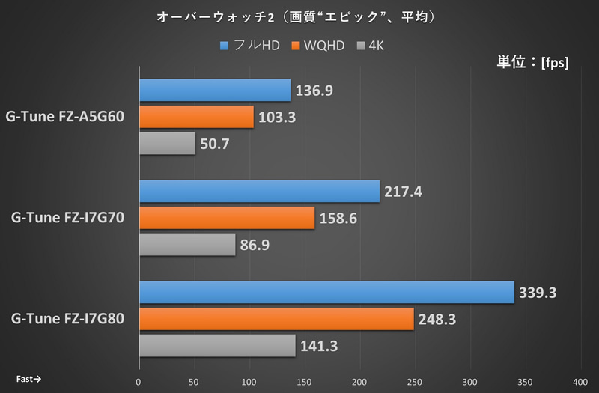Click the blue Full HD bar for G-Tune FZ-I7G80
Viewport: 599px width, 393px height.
point(326,293)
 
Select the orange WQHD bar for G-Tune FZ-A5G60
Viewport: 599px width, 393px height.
point(195,117)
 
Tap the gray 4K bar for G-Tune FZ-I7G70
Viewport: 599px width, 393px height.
point(186,245)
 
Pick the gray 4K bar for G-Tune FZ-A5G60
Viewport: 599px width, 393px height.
point(166,144)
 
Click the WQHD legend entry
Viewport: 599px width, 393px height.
point(319,46)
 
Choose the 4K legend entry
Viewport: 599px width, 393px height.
point(374,46)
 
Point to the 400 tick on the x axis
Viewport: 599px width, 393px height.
point(581,380)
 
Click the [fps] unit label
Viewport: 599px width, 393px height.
point(553,63)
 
